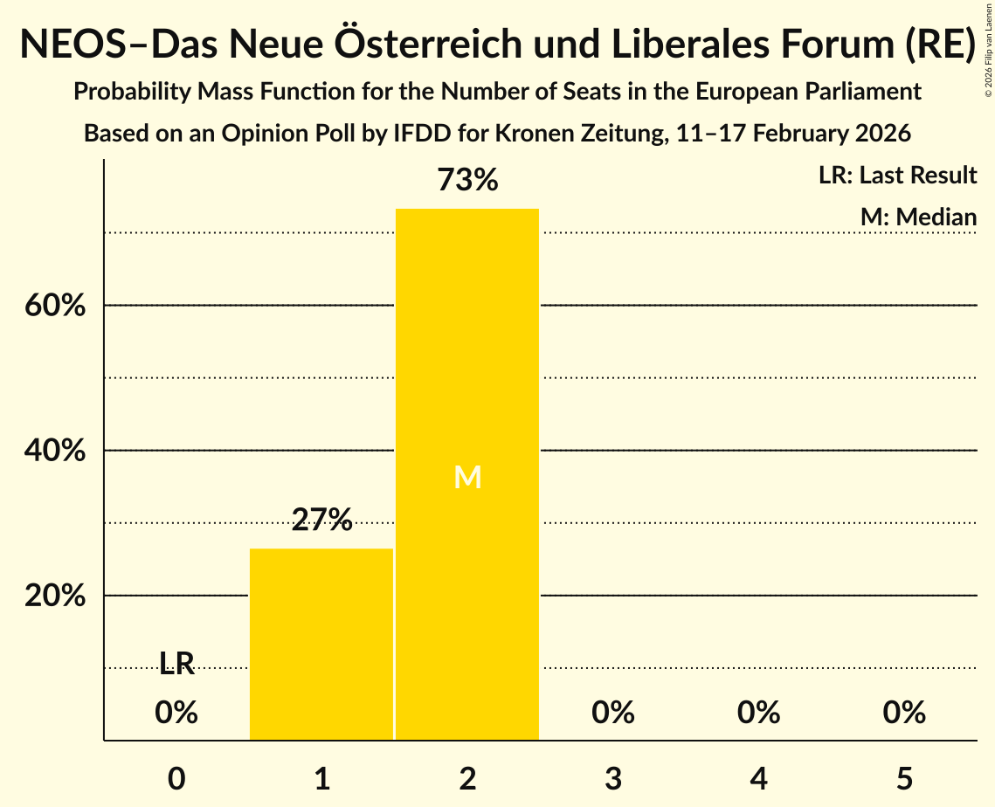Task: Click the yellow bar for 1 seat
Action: (321, 644)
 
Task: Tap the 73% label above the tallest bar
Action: (467, 181)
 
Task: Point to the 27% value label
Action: (321, 521)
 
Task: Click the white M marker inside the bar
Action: (467, 477)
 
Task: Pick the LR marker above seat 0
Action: (176, 664)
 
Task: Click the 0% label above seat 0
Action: (176, 713)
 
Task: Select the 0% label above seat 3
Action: (612, 713)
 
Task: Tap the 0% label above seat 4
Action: (758, 713)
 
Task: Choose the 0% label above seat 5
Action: (903, 713)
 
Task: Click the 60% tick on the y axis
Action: (54, 307)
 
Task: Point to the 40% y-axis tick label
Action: (54, 452)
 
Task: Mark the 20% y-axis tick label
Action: (54, 597)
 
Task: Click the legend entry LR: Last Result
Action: (897, 176)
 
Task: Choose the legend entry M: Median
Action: (918, 217)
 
